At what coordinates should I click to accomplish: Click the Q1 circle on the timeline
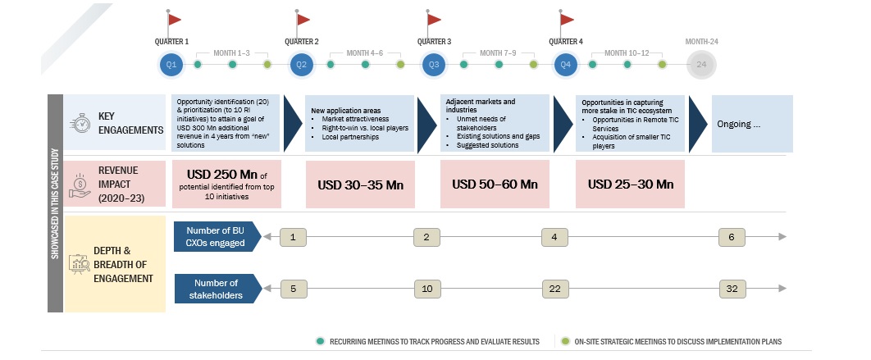(x=171, y=64)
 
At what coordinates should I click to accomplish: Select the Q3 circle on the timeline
(x=434, y=64)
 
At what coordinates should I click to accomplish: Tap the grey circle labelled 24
(x=701, y=64)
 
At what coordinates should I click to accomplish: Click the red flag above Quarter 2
(x=303, y=19)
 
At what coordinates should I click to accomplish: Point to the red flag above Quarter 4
(x=567, y=19)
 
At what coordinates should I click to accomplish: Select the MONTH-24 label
(x=701, y=41)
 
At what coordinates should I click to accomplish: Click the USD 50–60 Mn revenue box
(x=495, y=184)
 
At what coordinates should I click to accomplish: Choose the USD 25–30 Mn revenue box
(x=630, y=184)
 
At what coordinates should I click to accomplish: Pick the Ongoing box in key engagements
(x=750, y=124)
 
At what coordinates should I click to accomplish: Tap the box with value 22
(x=554, y=289)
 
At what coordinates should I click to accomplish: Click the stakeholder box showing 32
(x=732, y=289)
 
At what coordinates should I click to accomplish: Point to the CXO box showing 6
(x=732, y=237)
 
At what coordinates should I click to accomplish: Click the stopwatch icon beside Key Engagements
(x=80, y=123)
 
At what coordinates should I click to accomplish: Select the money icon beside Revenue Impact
(x=80, y=185)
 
